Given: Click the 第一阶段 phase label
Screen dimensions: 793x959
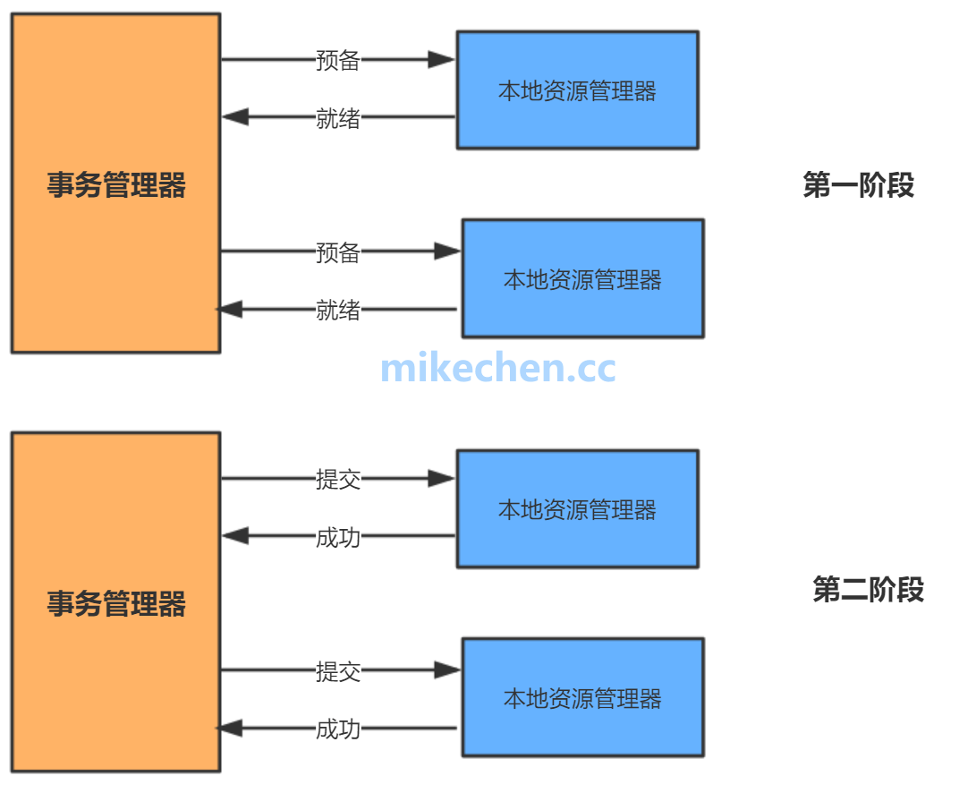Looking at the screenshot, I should coord(858,185).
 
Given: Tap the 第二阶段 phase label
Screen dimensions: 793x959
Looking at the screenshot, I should coord(868,590).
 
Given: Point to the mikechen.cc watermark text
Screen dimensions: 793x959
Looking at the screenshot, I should coord(497,369).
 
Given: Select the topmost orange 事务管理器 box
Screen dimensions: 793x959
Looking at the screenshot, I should coord(115,183).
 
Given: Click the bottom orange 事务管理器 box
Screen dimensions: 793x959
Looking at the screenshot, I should coord(115,602).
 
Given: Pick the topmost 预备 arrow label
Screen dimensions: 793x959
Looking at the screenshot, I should coord(338,60).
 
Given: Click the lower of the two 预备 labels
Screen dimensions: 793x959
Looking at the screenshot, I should coord(338,252).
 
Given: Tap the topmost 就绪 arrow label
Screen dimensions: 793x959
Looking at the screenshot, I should coord(338,117).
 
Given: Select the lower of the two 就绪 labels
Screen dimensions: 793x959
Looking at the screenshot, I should coord(338,310).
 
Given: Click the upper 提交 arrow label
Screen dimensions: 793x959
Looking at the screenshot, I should coord(338,479).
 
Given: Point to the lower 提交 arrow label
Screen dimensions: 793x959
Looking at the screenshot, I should coord(338,670).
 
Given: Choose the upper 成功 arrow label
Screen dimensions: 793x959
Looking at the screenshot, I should coord(338,537).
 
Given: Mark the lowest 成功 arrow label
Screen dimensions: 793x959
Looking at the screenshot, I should coord(338,729).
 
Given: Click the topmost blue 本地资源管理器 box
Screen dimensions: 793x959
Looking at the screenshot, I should coord(577,90).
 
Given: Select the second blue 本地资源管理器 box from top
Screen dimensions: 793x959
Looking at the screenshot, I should coord(582,279).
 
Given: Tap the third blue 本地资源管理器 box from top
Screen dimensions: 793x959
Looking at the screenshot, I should coord(577,509).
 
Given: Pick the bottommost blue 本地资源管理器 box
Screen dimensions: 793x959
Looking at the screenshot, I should coord(582,698).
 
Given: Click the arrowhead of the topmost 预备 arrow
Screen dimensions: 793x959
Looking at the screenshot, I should coord(442,60).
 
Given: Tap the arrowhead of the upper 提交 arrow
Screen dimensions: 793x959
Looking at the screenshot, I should coord(442,479).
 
